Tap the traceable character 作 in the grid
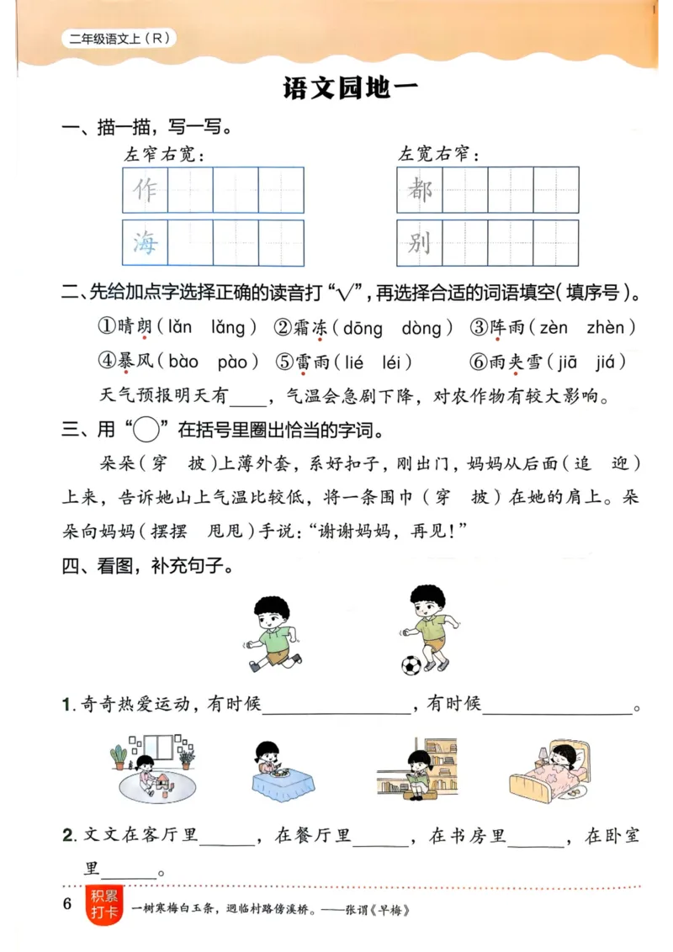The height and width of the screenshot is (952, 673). click(x=145, y=190)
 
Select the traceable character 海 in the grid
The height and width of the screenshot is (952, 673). click(x=145, y=243)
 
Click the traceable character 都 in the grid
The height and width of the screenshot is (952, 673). click(x=420, y=190)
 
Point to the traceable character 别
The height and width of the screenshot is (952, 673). click(x=420, y=243)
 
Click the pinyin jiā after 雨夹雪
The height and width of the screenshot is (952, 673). click(x=570, y=362)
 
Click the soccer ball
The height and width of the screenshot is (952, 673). click(x=411, y=665)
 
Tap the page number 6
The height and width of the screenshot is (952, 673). click(x=68, y=905)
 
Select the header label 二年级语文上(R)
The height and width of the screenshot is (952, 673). click(x=119, y=38)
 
